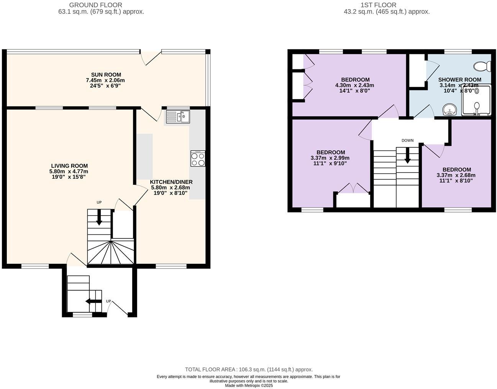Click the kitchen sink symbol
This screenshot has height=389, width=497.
[178, 116]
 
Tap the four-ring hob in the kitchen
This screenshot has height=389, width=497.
[198, 159]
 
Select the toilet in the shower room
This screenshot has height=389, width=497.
[482, 67]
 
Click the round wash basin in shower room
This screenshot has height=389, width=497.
[449, 110]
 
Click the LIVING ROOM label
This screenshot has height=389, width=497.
[69, 166]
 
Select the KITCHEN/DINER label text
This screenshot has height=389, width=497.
[171, 182]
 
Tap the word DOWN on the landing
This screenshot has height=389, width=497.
[407, 141]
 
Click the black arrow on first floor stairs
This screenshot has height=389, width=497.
[407, 155]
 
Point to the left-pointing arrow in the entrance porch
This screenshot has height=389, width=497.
[93, 301]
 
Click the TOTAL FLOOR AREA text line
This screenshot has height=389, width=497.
[249, 369]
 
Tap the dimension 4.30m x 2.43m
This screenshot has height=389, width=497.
[354, 85]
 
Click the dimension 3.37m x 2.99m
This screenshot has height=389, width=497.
[330, 158]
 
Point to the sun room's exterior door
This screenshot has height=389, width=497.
[150, 58]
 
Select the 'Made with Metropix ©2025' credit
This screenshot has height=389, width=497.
[249, 386]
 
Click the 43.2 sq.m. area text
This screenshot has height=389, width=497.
[387, 11]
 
